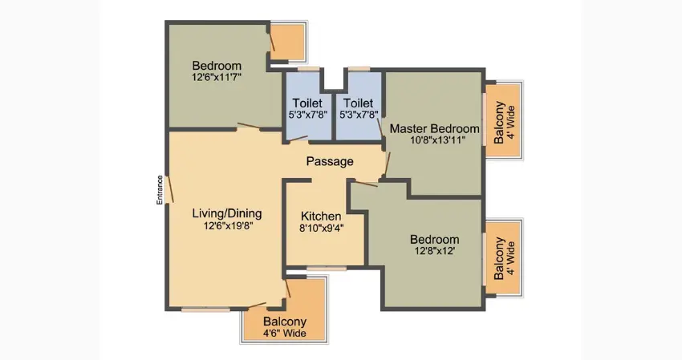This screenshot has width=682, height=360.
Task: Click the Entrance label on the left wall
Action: coord(160,190)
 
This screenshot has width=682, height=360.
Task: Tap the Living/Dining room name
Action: coord(226,214)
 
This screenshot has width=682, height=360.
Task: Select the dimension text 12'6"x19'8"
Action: coord(226,227)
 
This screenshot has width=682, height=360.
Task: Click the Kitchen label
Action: coord(321,216)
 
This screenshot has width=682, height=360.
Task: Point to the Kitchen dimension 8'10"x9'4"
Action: coord(321,228)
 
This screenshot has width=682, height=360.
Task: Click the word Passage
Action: coord(330,161)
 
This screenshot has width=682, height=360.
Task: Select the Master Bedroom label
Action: coord(434,128)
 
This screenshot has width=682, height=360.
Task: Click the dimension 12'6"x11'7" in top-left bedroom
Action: coord(217,77)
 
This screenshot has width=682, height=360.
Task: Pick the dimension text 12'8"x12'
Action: coord(434,252)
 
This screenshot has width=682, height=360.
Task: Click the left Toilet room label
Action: coord(307,103)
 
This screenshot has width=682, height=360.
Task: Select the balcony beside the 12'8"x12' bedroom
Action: coord(503,257)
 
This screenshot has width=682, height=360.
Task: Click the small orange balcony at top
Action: coord(289,42)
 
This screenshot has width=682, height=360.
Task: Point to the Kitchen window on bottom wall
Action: coord(327,268)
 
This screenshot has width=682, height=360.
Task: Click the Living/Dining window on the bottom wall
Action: coord(205,308)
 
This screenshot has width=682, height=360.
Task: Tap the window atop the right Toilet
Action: coord(359,69)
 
